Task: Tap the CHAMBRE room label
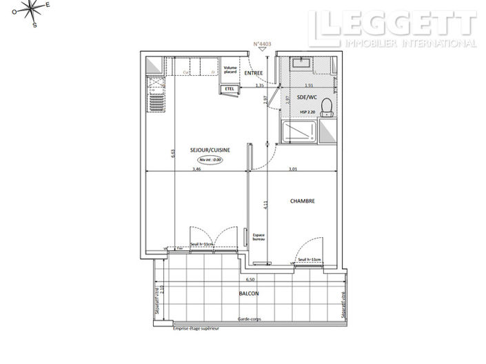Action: [302, 201]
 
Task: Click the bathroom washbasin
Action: [301, 63]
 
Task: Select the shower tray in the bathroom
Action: [298, 132]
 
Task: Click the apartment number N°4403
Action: [262, 45]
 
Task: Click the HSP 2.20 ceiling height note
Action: [307, 111]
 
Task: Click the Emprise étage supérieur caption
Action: [196, 329]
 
